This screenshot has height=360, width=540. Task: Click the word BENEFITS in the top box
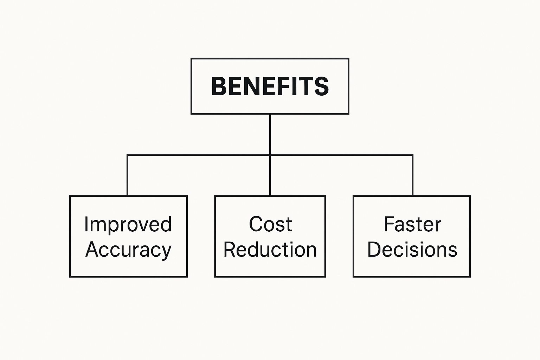tap(270, 86)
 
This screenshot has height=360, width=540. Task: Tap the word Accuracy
tap(128, 250)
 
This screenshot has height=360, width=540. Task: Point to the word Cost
tap(270, 224)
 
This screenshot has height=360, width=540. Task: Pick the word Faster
tap(412, 224)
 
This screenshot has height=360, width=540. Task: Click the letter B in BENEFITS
tap(219, 86)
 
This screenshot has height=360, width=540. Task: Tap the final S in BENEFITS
tap(322, 86)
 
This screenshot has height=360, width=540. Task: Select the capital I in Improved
tap(86, 224)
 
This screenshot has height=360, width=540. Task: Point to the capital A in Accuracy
tap(92, 249)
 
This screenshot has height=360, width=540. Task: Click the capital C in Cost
tap(256, 224)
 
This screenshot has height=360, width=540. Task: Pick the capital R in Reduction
tap(230, 249)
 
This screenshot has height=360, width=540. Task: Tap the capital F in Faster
tap(389, 224)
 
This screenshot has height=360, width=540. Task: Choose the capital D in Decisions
tap(375, 249)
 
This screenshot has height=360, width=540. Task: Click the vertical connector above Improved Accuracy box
tap(127, 175)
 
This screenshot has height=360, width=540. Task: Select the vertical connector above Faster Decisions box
tap(412, 175)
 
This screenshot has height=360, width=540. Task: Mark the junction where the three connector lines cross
tap(270, 155)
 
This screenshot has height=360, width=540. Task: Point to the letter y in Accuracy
tap(165, 253)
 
